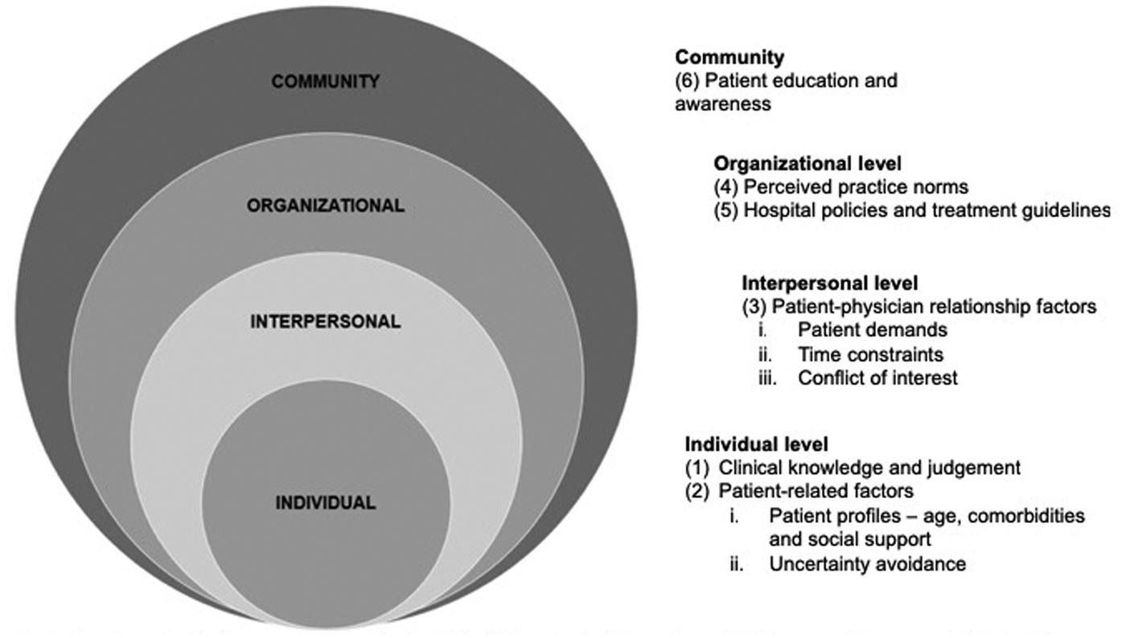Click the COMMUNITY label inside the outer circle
coord(325,81)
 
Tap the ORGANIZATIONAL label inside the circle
coord(325,206)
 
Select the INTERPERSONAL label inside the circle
coord(325,321)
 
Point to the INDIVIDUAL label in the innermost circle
coord(325,504)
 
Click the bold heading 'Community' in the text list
coord(729,57)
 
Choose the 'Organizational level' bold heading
coord(807,163)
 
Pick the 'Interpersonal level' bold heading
coord(829,284)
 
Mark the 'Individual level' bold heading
coord(756,444)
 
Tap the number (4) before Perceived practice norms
coord(726,187)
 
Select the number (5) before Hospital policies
coord(726,211)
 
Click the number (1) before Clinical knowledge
coord(698,467)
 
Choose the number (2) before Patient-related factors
coord(698,490)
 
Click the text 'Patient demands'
coord(873,330)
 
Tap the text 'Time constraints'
coord(870,354)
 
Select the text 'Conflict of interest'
coord(877,377)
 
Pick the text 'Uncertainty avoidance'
coord(867,563)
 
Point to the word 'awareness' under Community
coord(723,104)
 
